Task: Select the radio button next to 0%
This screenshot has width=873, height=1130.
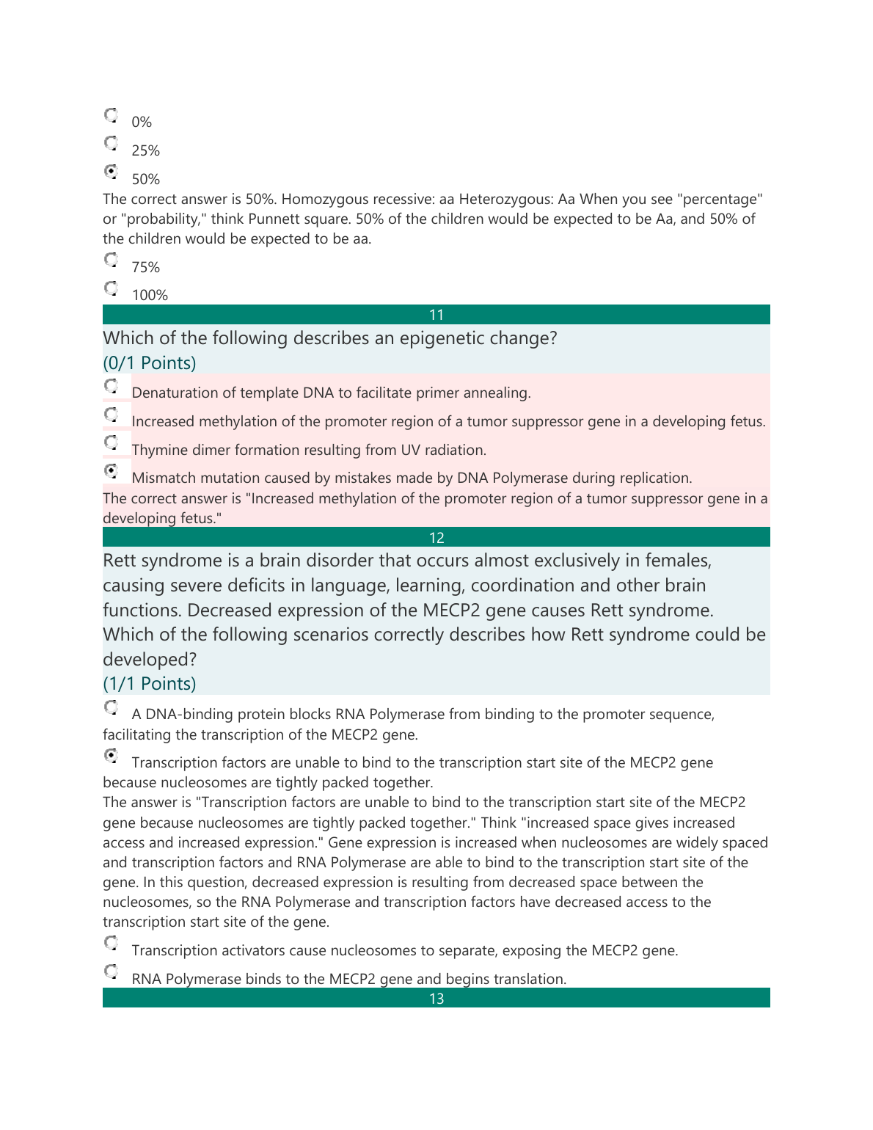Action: tap(111, 115)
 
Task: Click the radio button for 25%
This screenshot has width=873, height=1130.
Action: tap(111, 142)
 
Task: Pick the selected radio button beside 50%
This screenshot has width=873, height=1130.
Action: tap(111, 172)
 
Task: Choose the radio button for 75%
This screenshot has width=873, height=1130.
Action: tap(111, 260)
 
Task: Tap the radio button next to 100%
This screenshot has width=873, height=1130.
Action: tap(111, 288)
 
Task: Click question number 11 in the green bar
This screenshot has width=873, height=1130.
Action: tap(436, 315)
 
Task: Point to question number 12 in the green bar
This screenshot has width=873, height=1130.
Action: tap(436, 538)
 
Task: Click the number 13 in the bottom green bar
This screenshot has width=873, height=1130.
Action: tap(436, 999)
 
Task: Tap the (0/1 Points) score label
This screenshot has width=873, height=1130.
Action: tap(150, 363)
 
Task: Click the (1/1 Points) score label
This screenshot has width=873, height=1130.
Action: tap(150, 684)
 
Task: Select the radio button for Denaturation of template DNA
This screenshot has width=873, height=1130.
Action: tap(111, 386)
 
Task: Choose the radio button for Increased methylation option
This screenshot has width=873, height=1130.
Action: tap(111, 415)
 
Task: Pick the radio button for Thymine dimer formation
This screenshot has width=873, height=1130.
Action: tap(111, 442)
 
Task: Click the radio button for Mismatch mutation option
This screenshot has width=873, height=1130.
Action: tap(111, 471)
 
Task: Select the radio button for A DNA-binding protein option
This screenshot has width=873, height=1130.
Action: tap(111, 707)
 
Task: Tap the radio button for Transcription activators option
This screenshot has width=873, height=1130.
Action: tap(111, 943)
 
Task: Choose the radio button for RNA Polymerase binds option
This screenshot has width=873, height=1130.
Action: tap(111, 972)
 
